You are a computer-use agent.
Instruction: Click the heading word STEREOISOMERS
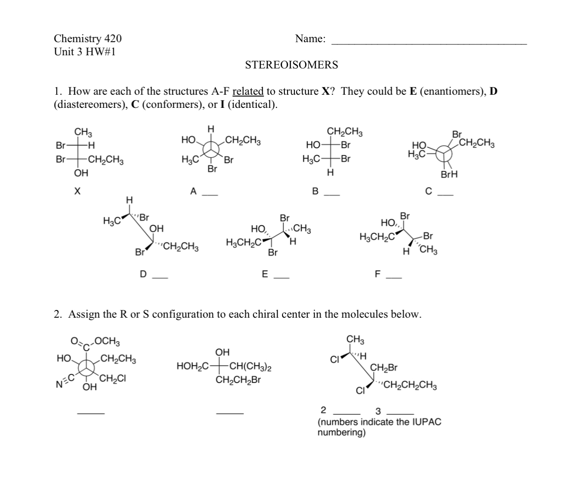pyautogui.click(x=291, y=65)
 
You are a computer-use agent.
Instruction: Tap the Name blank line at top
pyautogui.click(x=429, y=44)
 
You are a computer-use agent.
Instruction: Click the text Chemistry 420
pyautogui.click(x=88, y=39)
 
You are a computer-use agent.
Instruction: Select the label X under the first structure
pyautogui.click(x=77, y=192)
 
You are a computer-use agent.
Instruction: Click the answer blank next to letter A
pyautogui.click(x=210, y=195)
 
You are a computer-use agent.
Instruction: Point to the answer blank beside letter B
pyautogui.click(x=331, y=195)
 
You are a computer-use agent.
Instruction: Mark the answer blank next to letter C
pyautogui.click(x=445, y=195)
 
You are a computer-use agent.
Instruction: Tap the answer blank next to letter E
pyautogui.click(x=281, y=277)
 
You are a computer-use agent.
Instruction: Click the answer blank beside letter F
pyautogui.click(x=393, y=277)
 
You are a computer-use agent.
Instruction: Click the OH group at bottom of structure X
pyautogui.click(x=81, y=173)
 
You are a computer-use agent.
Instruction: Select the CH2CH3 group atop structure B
pyautogui.click(x=345, y=132)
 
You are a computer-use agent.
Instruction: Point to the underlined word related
pyautogui.click(x=248, y=92)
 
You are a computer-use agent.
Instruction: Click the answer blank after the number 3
pyautogui.click(x=400, y=414)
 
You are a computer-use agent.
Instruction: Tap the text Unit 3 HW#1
pyautogui.click(x=85, y=52)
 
